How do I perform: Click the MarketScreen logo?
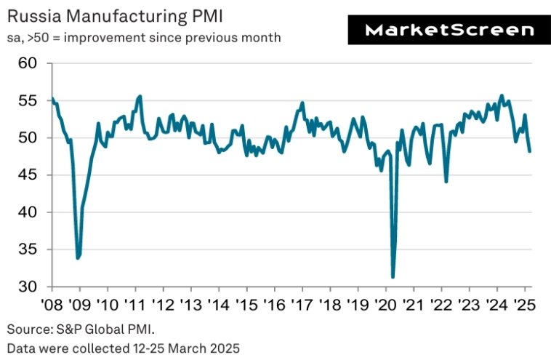(x=449, y=30)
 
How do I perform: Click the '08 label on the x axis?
(x=52, y=304)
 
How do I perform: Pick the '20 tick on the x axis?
(x=386, y=304)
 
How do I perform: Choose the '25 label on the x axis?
(x=525, y=304)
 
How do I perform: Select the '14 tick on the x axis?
(x=219, y=304)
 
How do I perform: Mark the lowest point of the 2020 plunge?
(x=393, y=277)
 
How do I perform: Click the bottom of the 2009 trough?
(x=78, y=258)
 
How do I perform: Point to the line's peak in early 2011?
(x=140, y=96)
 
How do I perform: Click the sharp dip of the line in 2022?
(x=446, y=182)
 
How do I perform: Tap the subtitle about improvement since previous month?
(x=144, y=36)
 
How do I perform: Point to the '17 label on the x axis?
(x=302, y=304)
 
